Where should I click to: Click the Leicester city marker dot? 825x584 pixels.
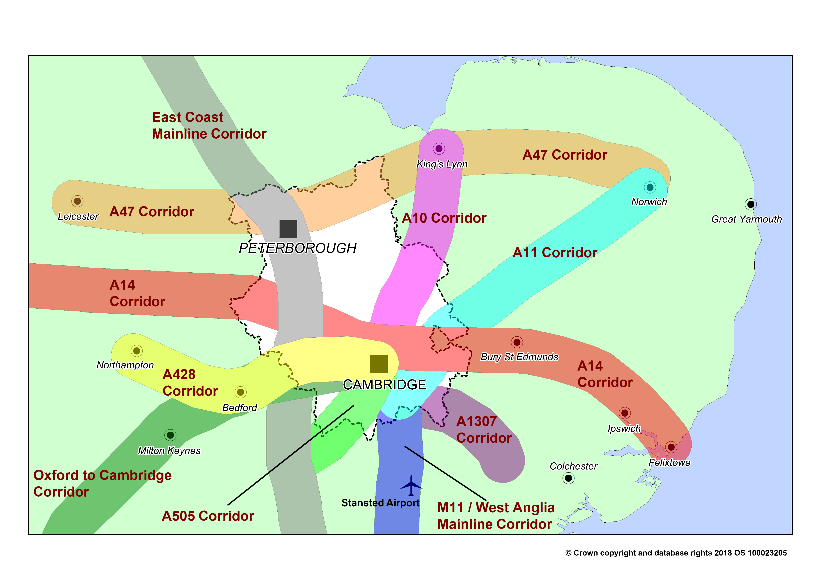pos(77,201)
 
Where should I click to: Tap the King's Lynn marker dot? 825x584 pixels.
pos(439,148)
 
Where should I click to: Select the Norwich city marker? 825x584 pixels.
pos(650,187)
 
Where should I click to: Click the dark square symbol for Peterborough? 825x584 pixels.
pos(288,229)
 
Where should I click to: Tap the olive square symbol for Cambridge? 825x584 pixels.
pos(379,364)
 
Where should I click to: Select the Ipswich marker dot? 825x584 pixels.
pos(625,413)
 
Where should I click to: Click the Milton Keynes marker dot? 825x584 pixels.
pos(170,435)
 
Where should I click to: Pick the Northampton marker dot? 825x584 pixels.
pos(137,351)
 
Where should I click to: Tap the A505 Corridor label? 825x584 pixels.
pos(208,516)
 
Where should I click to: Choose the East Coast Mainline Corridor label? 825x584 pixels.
pos(209,126)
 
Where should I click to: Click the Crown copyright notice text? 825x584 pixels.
pos(676,553)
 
